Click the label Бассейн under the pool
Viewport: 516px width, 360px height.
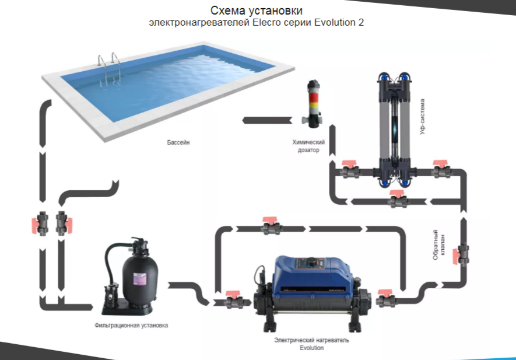point(178,142)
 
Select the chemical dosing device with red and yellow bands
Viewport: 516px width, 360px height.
point(313,104)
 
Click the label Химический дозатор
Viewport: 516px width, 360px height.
point(308,146)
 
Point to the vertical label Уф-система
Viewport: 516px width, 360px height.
point(422,117)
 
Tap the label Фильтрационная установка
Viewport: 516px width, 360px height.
point(131,325)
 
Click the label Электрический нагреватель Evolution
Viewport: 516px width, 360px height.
point(311,344)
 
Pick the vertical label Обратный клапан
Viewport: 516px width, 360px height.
point(439,244)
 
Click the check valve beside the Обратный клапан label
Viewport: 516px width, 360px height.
point(461,254)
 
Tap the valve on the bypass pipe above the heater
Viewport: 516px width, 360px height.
point(271,226)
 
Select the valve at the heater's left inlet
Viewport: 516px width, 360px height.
point(234,300)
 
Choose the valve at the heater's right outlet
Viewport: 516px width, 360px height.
point(385,299)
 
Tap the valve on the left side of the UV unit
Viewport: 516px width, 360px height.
point(350,169)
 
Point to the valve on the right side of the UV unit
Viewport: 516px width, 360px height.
point(441,169)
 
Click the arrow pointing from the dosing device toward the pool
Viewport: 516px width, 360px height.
point(267,120)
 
